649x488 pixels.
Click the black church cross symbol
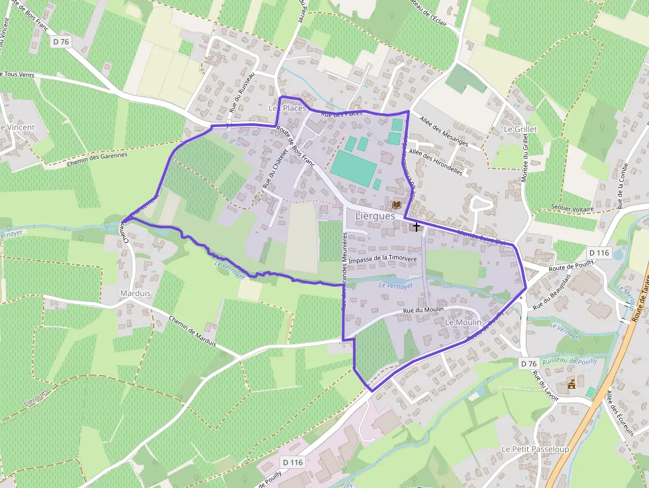tap(416, 226)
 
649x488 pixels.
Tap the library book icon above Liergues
tap(397, 205)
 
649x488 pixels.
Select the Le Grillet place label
tap(521, 129)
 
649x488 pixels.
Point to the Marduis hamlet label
tap(136, 293)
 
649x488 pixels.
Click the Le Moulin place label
tap(464, 322)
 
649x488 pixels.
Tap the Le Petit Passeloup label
tap(535, 448)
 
